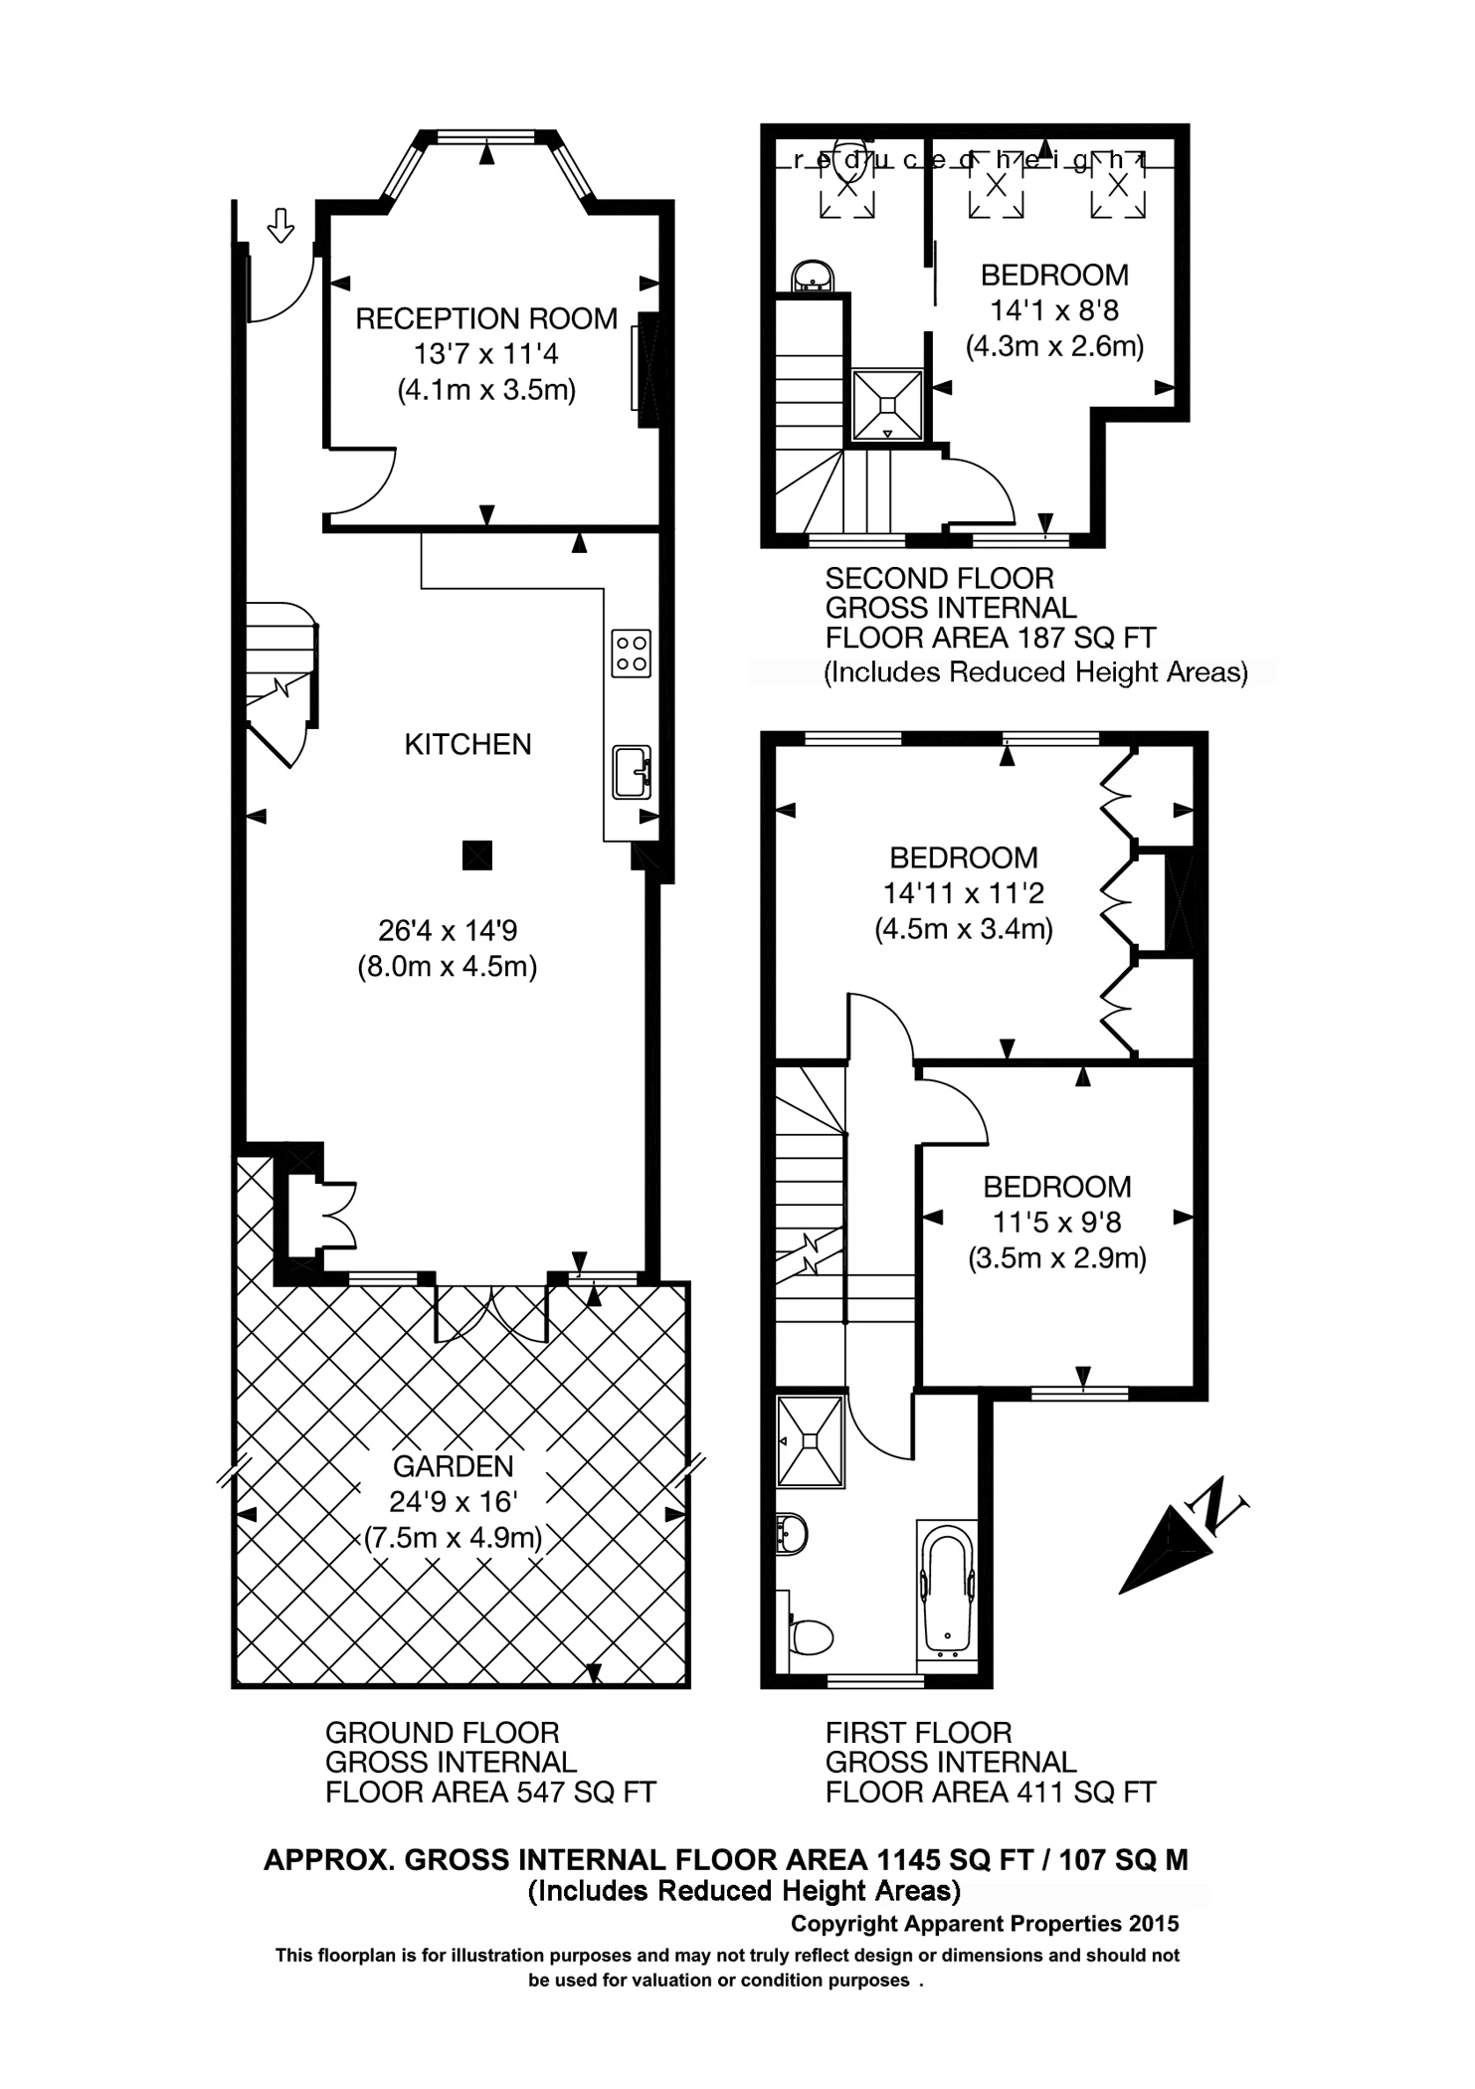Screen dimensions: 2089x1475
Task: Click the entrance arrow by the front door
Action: point(281,226)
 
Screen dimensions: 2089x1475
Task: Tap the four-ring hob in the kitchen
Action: point(631,654)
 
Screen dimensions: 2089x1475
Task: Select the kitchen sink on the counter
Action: point(631,772)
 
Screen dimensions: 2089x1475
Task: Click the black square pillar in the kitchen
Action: point(477,855)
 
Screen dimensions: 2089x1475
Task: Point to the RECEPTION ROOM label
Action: point(486,319)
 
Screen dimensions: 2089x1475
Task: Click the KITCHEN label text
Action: point(467,744)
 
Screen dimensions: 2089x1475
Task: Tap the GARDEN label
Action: point(453,1466)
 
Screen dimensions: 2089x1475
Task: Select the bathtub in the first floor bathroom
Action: point(946,1591)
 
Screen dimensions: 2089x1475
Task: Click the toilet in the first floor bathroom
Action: point(811,1635)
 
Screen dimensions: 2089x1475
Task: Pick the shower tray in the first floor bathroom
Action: point(811,1441)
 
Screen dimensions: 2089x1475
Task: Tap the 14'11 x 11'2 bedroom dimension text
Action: point(963,893)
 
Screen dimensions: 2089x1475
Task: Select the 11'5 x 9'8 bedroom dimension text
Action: point(1056,1223)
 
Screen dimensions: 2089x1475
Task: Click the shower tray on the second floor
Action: point(887,405)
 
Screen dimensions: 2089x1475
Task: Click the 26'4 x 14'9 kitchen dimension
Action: point(448,931)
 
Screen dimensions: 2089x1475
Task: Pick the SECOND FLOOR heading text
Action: point(939,578)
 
